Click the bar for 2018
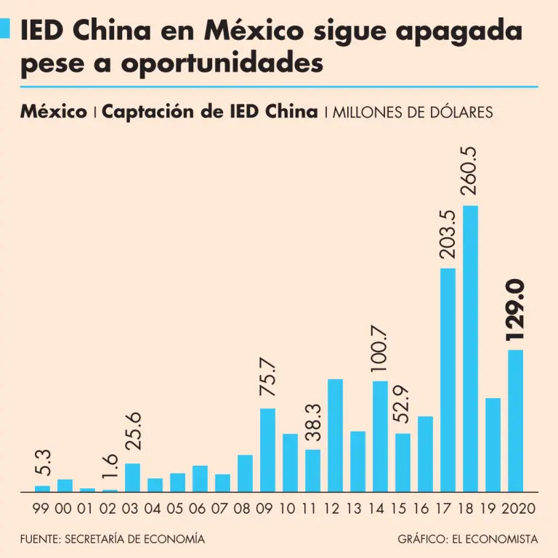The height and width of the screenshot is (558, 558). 470,349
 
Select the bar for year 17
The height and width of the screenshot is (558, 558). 448,380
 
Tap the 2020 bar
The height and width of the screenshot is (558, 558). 515,421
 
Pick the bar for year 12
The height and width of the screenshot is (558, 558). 335,435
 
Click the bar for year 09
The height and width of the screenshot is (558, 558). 267,450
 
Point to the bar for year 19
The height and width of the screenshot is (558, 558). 493,445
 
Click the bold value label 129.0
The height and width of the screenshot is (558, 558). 515,311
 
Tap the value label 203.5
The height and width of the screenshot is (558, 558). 448,234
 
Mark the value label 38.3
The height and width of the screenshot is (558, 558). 312,423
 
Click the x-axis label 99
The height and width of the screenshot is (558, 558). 42,509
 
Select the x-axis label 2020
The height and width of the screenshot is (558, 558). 519,509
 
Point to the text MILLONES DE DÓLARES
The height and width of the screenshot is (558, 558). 413,113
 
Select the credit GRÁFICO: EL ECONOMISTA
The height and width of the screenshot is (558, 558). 468,540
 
